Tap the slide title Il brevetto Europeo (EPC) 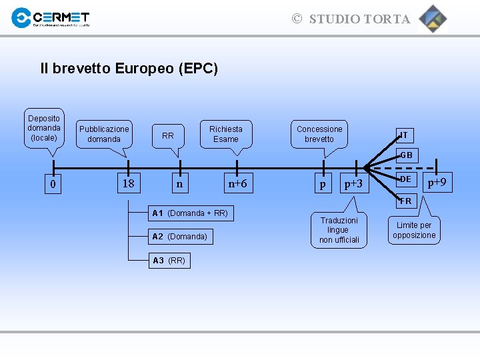tap(129, 68)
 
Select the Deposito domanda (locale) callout tap(44, 128)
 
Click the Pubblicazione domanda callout tap(104, 134)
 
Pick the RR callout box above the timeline tap(168, 135)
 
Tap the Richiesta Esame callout tap(226, 134)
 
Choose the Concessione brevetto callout tap(319, 134)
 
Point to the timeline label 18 tap(129, 183)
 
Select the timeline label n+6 tap(237, 183)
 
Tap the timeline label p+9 tap(437, 181)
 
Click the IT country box tap(404, 135)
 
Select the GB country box tap(406, 155)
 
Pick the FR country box tap(405, 201)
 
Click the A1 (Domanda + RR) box tap(190, 213)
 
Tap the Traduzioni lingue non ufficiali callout tap(339, 230)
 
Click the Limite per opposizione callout tap(414, 230)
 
